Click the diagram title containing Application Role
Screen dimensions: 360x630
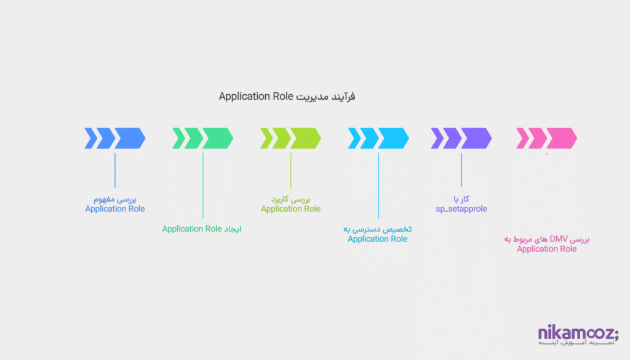click(287, 97)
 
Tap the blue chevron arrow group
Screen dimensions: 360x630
click(115, 138)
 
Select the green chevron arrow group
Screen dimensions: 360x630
click(202, 138)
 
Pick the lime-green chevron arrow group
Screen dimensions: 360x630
click(290, 138)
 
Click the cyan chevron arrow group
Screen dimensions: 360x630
click(378, 138)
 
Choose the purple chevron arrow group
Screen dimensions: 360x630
click(461, 138)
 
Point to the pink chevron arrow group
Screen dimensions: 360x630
click(546, 138)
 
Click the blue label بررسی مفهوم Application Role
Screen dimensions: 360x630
click(115, 204)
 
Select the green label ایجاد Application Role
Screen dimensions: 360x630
click(202, 229)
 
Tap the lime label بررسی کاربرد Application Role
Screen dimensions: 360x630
click(290, 204)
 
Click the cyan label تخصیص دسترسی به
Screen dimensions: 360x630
click(377, 229)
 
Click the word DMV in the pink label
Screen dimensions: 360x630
click(558, 239)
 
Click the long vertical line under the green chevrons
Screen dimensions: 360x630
click(202, 185)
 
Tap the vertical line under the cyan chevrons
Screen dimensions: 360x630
click(378, 185)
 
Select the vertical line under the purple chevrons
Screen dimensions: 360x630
click(461, 170)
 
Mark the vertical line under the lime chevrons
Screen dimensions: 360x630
click(290, 170)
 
